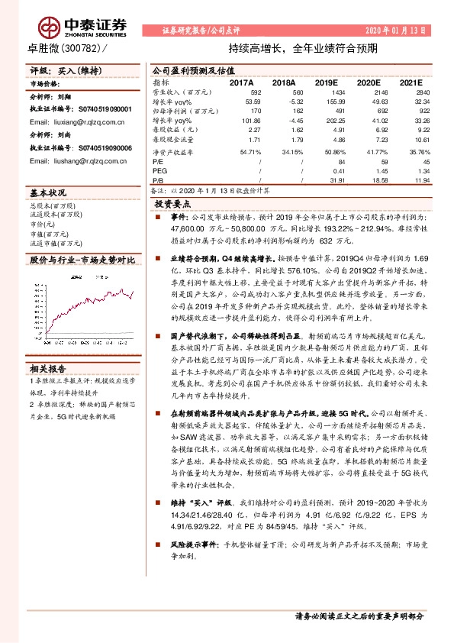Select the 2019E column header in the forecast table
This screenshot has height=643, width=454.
(x=324, y=81)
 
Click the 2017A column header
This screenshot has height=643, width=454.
(x=241, y=81)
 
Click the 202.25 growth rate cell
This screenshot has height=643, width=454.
(x=324, y=121)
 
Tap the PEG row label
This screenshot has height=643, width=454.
(x=159, y=171)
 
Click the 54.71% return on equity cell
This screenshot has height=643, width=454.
(x=241, y=153)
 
